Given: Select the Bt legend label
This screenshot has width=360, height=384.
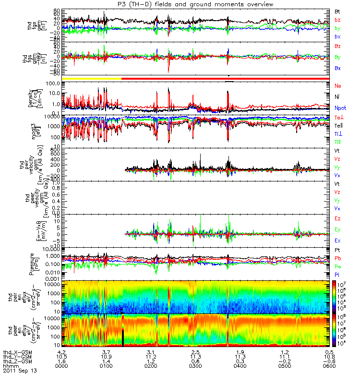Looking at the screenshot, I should [x=337, y=11].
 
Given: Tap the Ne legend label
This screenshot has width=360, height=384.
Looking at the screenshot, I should [x=337, y=85].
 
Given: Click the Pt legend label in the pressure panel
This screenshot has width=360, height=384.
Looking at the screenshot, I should [x=337, y=250].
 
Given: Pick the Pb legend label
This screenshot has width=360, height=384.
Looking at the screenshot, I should [x=337, y=258].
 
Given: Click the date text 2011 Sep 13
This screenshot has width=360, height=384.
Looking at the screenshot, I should [x=20, y=371].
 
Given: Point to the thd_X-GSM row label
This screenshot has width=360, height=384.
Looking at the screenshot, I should [x=18, y=352].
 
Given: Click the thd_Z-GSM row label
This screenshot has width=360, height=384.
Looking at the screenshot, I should [x=18, y=361].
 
